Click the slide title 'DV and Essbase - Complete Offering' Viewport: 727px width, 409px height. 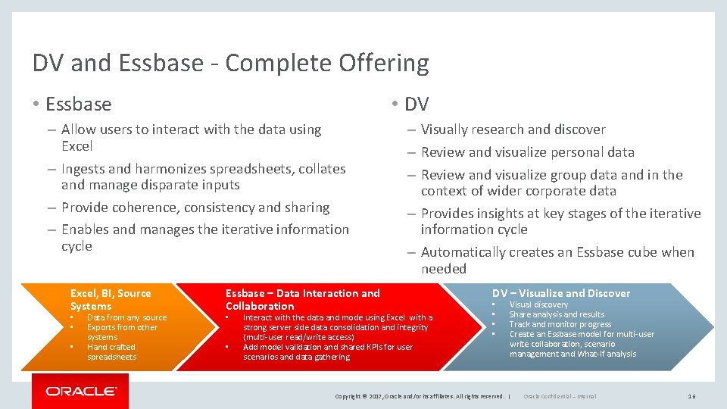point(230,63)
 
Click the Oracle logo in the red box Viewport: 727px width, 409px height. point(81,392)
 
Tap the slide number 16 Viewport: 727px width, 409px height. point(691,396)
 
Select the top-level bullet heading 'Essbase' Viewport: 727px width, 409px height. point(78,104)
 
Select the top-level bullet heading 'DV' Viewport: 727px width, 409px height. point(417,104)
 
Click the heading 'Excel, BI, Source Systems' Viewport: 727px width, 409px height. point(111,299)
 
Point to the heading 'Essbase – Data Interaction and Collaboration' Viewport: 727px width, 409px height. point(303,299)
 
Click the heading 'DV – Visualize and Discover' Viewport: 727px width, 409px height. point(561,293)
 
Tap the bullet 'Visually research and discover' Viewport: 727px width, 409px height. point(513,130)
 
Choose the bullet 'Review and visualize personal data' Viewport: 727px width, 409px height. point(527,152)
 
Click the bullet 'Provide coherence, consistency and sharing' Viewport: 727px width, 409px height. point(195,208)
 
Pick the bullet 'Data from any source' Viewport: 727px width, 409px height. point(126,317)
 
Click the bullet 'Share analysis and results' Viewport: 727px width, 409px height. point(557,314)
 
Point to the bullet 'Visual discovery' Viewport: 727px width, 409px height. point(538,304)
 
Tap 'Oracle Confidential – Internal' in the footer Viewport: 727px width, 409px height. point(560,396)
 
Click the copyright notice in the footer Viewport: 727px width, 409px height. point(420,396)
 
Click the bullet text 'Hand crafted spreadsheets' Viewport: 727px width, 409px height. point(111,352)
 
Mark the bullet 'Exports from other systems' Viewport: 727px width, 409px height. point(122,332)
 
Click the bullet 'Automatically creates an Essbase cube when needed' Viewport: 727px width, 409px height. point(557,260)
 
